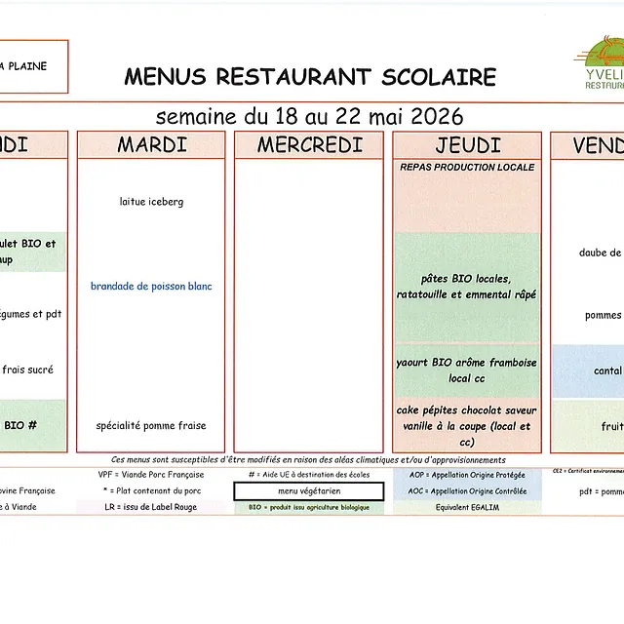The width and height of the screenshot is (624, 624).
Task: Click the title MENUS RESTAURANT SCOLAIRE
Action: pos(310,77)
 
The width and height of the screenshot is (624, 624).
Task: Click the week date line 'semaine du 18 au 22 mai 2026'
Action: pos(309,117)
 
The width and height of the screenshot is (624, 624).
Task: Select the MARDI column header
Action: pos(151,145)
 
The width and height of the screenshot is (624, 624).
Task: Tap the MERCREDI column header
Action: pos(309,145)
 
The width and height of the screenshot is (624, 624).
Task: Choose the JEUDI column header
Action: pos(467,145)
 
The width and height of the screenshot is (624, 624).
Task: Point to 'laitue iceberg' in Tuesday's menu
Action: pos(151,202)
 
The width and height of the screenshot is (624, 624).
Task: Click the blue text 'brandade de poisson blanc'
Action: pos(151,287)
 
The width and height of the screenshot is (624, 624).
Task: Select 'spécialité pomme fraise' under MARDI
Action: pos(151,426)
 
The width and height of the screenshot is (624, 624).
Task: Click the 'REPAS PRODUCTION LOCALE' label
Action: pos(467,168)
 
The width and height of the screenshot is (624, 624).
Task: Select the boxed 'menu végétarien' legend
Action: pos(309,491)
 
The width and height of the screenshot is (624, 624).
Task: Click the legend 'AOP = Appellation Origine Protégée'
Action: pos(467,475)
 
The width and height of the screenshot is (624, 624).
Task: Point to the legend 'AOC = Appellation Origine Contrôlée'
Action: pos(467,491)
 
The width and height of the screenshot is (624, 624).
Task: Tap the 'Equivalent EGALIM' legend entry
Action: pos(467,508)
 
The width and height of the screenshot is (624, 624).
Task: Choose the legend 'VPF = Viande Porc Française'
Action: pos(151,475)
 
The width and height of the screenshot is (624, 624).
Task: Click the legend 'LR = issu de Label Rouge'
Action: pos(151,508)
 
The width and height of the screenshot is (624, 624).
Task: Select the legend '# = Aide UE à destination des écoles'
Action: pos(309,475)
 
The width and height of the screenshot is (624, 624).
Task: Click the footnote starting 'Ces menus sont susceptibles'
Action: pos(309,459)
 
